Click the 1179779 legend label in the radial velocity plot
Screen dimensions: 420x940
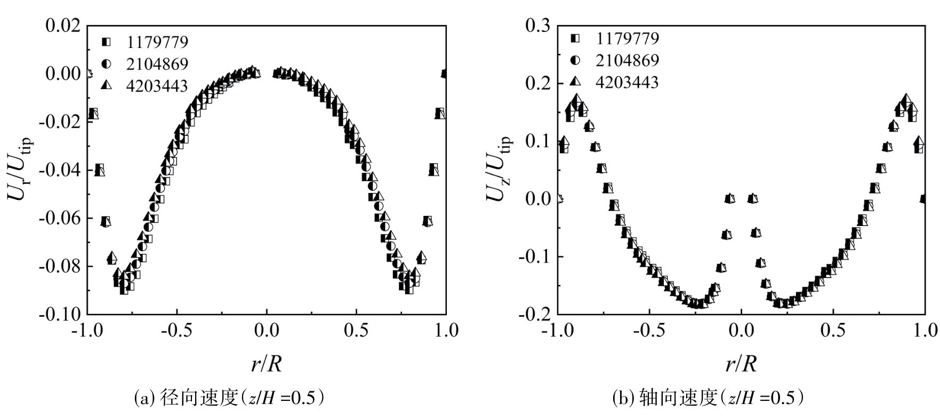click(x=157, y=42)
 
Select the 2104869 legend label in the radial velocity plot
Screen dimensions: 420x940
click(x=157, y=64)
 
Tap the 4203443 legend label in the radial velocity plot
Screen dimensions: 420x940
click(x=157, y=86)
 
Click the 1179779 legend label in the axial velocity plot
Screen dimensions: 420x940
click(x=628, y=38)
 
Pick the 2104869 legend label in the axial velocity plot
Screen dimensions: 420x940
click(x=628, y=60)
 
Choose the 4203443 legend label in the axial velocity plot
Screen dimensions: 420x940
click(x=628, y=82)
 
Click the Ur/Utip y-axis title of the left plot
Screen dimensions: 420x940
click(x=20, y=169)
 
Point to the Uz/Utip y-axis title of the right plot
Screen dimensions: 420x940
click(x=498, y=169)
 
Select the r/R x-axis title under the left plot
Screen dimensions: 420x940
click(x=266, y=364)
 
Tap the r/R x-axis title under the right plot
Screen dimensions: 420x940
click(x=741, y=364)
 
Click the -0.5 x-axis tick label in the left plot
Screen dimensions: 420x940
click(x=174, y=330)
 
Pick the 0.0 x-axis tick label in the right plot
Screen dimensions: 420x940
click(x=741, y=330)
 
